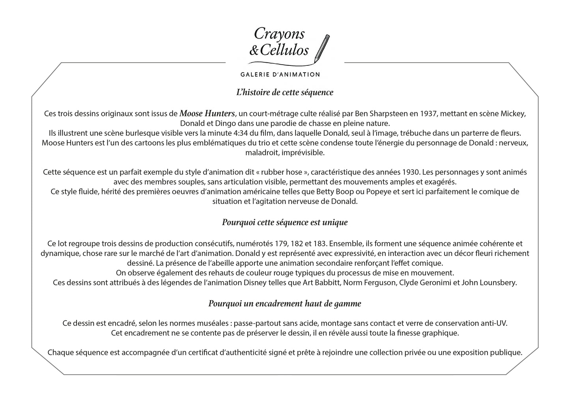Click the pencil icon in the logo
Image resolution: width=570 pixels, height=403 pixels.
click(x=322, y=48)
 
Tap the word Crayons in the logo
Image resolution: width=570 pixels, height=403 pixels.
click(x=279, y=34)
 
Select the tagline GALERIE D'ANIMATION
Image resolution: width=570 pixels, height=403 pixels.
click(x=280, y=74)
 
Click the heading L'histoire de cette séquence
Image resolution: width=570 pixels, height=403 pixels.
click(x=284, y=92)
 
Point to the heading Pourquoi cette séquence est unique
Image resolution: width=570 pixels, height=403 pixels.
click(x=285, y=222)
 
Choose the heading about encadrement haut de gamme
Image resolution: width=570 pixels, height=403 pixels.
click(x=284, y=304)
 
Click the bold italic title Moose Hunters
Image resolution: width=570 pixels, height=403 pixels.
click(x=207, y=114)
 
